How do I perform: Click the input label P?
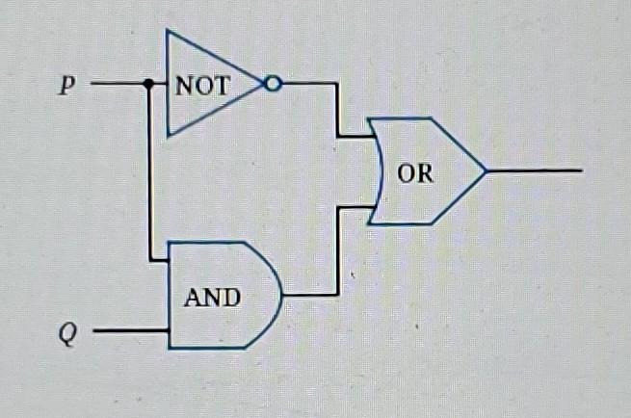tap(66, 85)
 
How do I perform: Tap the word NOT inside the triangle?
tap(203, 85)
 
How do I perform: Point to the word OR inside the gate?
tap(415, 174)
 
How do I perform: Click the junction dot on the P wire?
tap(148, 85)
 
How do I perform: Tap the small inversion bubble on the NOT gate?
tap(273, 85)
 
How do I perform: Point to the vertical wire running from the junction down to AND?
tap(149, 173)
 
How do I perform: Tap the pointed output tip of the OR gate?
tap(486, 171)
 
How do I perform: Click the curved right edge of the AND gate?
tap(280, 294)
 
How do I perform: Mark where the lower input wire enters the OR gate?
tap(374, 206)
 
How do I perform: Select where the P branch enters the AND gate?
tap(169, 259)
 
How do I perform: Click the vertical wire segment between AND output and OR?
tap(337, 250)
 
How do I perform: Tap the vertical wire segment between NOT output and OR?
tap(337, 110)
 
